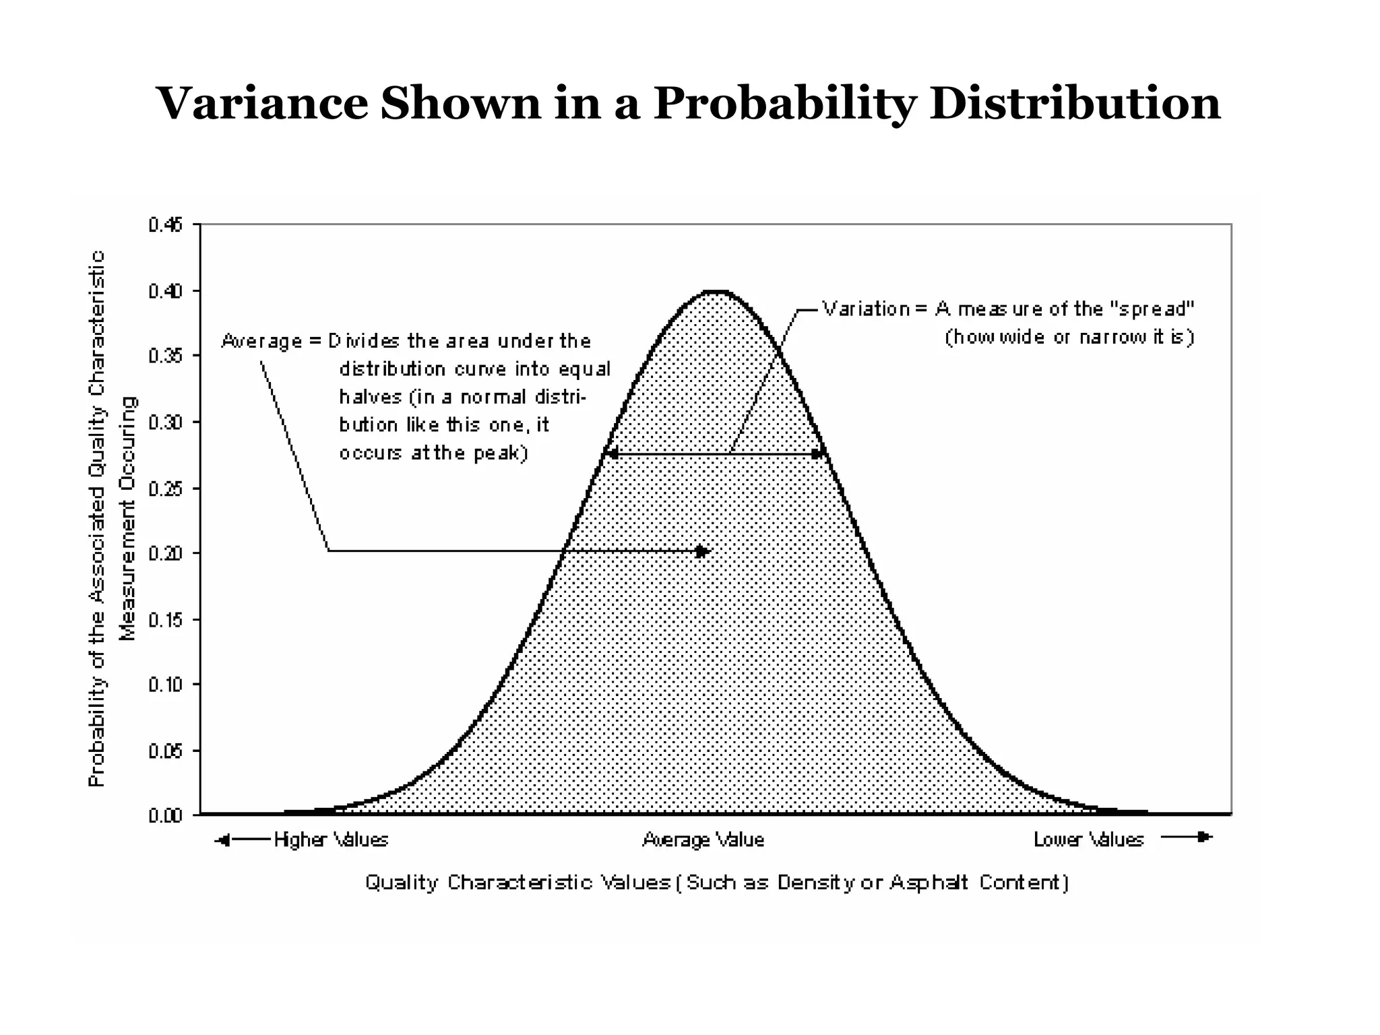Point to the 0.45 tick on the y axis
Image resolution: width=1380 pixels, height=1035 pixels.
tap(165, 224)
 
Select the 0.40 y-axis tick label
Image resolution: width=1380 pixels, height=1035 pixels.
tap(165, 291)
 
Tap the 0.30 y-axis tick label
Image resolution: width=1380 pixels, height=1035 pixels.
tap(165, 422)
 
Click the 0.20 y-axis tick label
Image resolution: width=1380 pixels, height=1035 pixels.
tap(165, 553)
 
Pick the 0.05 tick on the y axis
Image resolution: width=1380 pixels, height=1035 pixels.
tap(165, 751)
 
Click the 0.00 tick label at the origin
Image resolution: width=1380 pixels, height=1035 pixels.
tap(165, 816)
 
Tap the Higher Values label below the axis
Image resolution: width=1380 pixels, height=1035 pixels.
tap(331, 840)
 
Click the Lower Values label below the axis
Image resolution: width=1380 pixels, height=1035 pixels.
tap(1088, 840)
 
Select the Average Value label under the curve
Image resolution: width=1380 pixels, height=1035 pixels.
tap(703, 840)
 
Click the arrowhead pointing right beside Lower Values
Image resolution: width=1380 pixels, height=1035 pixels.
tap(1204, 837)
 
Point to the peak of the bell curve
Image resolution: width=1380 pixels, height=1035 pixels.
tap(716, 292)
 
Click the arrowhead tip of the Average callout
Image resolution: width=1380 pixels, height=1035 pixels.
tap(703, 551)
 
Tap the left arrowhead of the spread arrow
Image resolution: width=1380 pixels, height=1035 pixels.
tap(610, 454)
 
